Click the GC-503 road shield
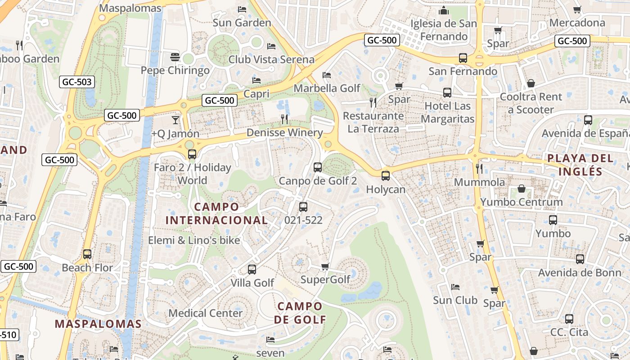click(77, 82)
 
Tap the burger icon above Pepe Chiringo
click(175, 57)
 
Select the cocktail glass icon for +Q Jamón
click(175, 120)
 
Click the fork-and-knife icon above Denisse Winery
click(284, 119)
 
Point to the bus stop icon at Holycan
click(385, 176)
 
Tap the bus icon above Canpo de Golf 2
click(317, 167)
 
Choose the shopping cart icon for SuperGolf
click(325, 267)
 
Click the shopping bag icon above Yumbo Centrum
click(522, 188)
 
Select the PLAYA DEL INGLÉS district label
click(580, 165)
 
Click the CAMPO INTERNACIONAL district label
click(216, 213)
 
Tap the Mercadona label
click(577, 22)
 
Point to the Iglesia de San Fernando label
click(444, 30)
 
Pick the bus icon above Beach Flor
click(87, 254)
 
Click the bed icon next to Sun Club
click(455, 287)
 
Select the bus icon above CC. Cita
click(569, 319)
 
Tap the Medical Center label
click(206, 313)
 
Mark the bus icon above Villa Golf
click(252, 270)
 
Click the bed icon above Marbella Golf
click(327, 75)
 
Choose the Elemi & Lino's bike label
click(194, 240)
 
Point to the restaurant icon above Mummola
click(479, 169)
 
